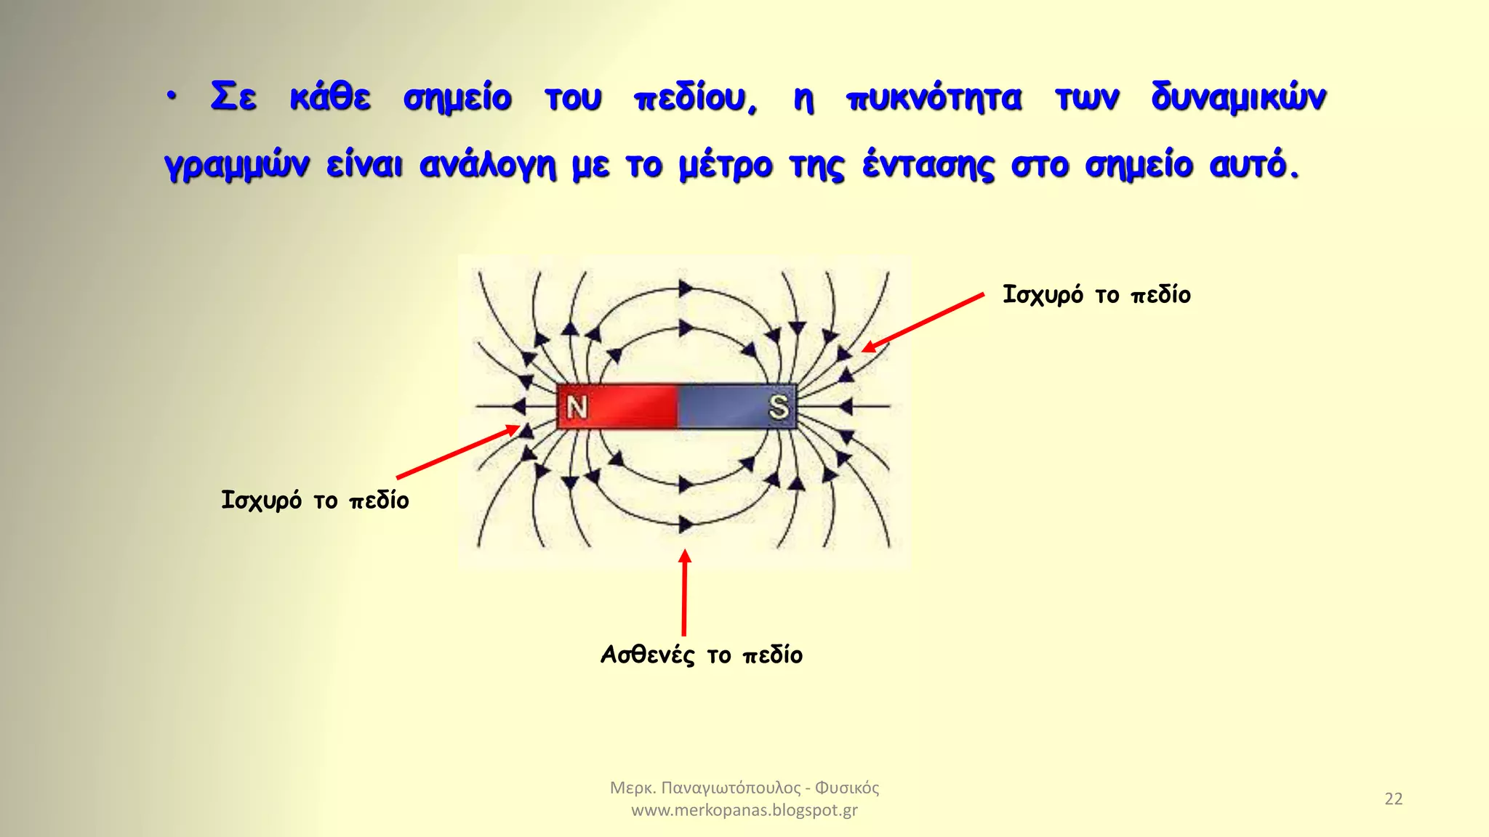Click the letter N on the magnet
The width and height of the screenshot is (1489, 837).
[x=577, y=408]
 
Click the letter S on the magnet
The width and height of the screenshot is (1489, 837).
[x=779, y=407]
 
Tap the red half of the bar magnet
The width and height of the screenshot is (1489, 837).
[x=625, y=407]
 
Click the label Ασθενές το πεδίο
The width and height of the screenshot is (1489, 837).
[x=702, y=655]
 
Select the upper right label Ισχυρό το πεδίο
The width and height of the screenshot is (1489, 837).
[x=1096, y=295]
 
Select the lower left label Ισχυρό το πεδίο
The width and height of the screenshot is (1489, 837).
[x=315, y=501]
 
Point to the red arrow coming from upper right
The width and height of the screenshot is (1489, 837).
[x=923, y=323]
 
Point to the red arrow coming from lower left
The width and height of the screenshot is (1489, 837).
[x=458, y=453]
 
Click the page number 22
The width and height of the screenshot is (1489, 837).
[x=1393, y=798]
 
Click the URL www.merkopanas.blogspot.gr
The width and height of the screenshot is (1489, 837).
[x=744, y=810]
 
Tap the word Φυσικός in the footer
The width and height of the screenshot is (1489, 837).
[x=847, y=788]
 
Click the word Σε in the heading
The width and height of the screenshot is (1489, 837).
[x=233, y=97]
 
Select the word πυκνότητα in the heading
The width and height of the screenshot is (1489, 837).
[x=934, y=99]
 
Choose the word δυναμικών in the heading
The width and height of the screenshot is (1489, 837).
[x=1239, y=99]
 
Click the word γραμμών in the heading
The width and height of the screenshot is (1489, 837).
[x=236, y=166]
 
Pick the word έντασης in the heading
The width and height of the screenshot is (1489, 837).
[x=928, y=166]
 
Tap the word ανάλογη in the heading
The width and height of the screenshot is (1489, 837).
[x=487, y=166]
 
